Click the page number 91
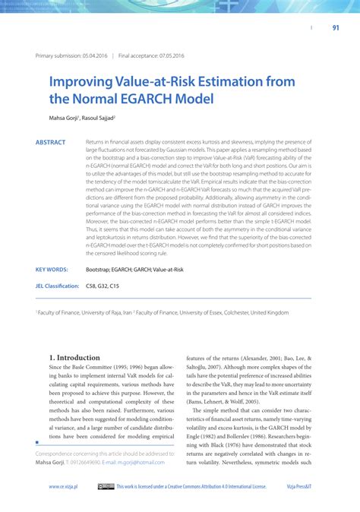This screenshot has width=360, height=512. (x=335, y=29)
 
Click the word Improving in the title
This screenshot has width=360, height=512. (x=83, y=81)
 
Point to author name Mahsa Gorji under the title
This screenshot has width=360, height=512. (x=66, y=119)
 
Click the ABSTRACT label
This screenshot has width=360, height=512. (x=50, y=142)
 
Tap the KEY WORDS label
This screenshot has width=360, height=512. (x=52, y=270)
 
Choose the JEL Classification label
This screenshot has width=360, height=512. (x=57, y=286)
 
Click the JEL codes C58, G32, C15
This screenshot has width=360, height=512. (x=103, y=286)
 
